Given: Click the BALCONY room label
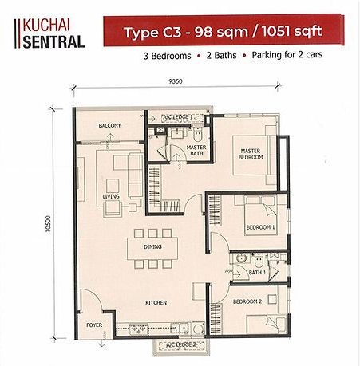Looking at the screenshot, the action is [109, 125].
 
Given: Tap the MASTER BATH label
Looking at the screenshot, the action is [196, 150].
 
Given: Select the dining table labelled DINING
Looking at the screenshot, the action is [152, 248].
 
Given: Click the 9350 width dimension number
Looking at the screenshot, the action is [176, 81].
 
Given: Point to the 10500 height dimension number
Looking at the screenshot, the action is [48, 224].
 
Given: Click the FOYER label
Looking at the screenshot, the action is [94, 325].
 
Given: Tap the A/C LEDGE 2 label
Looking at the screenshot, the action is [181, 344].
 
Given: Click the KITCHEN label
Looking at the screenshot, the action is [156, 302].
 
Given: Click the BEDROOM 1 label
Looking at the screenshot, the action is [260, 227].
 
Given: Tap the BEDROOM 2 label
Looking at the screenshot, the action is [247, 301].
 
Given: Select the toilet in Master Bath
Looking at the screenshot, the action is [197, 134].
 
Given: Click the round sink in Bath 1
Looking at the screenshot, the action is [242, 258].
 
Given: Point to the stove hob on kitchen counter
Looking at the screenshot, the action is [138, 329].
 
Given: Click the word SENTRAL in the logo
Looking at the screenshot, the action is [53, 42].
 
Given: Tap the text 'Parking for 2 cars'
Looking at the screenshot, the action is [287, 55].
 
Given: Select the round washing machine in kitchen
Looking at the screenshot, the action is [198, 329].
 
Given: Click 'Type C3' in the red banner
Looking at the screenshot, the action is [152, 32].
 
